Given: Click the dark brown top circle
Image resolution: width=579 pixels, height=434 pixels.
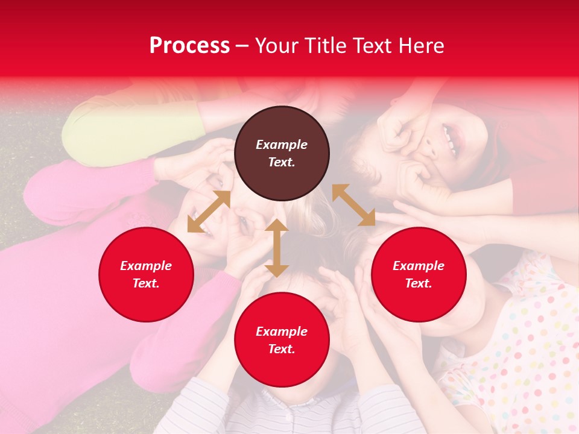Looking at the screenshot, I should coord(282,153).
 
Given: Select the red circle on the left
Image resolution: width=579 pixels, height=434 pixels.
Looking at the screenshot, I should coord(146,274).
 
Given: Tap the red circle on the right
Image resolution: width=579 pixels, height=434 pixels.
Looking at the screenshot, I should coord(419,274).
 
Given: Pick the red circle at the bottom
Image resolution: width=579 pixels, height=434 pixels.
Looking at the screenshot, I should coord(282,339).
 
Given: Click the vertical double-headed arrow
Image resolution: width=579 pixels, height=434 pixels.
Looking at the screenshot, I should coord(277,248).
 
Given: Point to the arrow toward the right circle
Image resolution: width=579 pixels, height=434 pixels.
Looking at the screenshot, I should coord(353,206).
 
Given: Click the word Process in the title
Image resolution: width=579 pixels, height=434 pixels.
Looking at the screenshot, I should coord(189,46).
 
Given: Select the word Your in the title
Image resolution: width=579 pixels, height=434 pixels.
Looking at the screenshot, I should coord(277,46).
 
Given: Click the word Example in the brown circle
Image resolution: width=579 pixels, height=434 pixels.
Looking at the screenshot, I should coord(282,145).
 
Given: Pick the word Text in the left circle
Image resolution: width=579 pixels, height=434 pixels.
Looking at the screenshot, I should coord(146,283).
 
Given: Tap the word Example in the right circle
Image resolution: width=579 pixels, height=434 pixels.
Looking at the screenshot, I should coord(419,266).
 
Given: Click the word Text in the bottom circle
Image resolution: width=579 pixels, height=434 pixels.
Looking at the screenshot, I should coord(282,349).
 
